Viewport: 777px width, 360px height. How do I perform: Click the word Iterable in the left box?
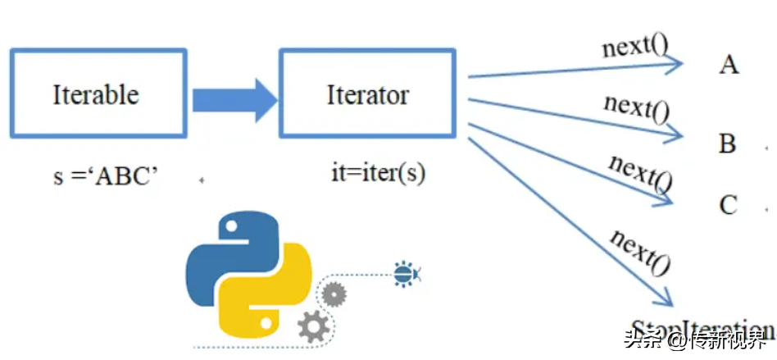[95, 94]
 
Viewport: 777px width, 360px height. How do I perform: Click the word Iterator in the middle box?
[367, 94]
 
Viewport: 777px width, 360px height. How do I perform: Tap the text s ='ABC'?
[105, 177]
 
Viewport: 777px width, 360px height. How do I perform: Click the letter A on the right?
[728, 65]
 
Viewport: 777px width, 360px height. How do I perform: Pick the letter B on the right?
[727, 144]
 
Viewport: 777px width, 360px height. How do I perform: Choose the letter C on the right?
[728, 204]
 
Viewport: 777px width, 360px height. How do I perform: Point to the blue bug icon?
[404, 273]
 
